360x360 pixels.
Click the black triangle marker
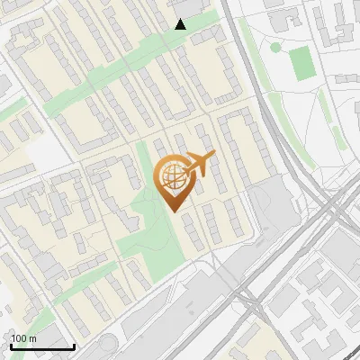(x=180, y=24)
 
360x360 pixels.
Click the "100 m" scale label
(x=23, y=338)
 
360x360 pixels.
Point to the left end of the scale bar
(x=10, y=346)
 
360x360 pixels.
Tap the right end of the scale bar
(x=74, y=346)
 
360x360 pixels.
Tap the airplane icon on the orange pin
(x=200, y=163)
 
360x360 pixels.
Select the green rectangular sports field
(x=301, y=62)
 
